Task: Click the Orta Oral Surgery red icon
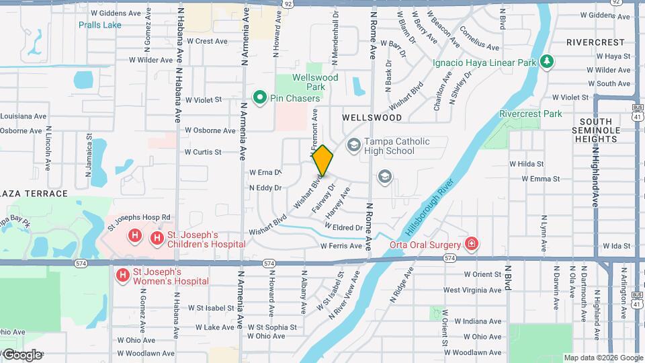472,244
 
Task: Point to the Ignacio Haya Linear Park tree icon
548,63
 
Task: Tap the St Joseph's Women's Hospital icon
123,275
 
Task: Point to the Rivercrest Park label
531,114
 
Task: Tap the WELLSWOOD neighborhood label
372,117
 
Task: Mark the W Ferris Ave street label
341,247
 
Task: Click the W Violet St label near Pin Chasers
204,99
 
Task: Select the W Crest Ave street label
208,42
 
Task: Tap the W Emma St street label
535,179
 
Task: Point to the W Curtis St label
204,152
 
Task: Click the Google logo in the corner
23,354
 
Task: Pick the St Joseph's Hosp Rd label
140,218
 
